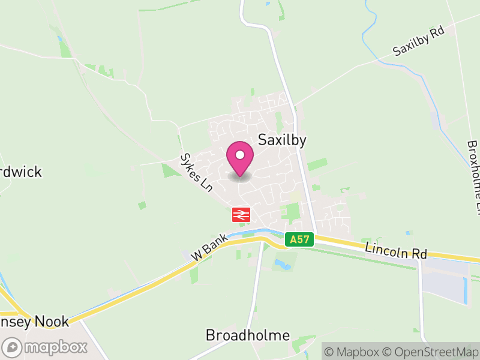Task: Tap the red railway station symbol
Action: pos(241,214)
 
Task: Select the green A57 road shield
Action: pos(299,239)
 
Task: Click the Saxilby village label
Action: pos(282,140)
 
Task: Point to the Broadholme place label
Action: pos(248,335)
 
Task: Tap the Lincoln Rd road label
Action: pos(395,251)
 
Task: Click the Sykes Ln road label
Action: pos(197,172)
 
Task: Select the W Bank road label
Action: pos(209,247)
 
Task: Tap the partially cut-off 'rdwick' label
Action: pos(22,172)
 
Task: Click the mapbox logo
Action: pos(46,347)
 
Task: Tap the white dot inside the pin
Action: pos(240,155)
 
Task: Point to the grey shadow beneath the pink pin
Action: pos(240,177)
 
